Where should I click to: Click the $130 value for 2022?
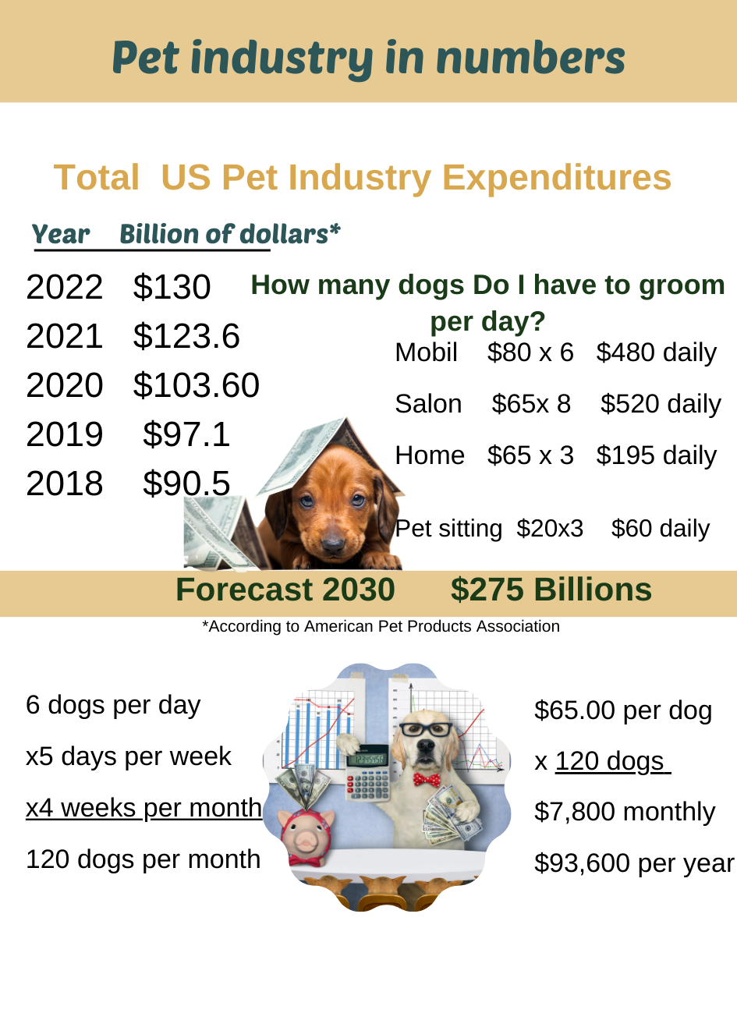[x=172, y=287]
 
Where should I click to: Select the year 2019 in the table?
[x=64, y=434]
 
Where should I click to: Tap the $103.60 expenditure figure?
[x=196, y=385]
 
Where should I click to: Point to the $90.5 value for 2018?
[x=186, y=483]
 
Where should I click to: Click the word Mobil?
[x=426, y=352]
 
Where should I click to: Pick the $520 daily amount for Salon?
[x=661, y=404]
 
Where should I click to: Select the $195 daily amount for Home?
[x=656, y=455]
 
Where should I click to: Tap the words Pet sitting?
[x=448, y=529]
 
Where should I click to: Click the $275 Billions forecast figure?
[x=551, y=590]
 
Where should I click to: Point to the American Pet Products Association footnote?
[x=381, y=626]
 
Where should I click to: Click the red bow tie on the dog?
[x=426, y=778]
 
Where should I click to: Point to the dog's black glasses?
[x=426, y=730]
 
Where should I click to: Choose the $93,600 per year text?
[x=633, y=863]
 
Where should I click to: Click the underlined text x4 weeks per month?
[x=144, y=808]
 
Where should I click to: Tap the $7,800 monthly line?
[x=624, y=812]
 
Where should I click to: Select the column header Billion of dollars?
[x=229, y=234]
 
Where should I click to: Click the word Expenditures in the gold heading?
[x=556, y=178]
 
